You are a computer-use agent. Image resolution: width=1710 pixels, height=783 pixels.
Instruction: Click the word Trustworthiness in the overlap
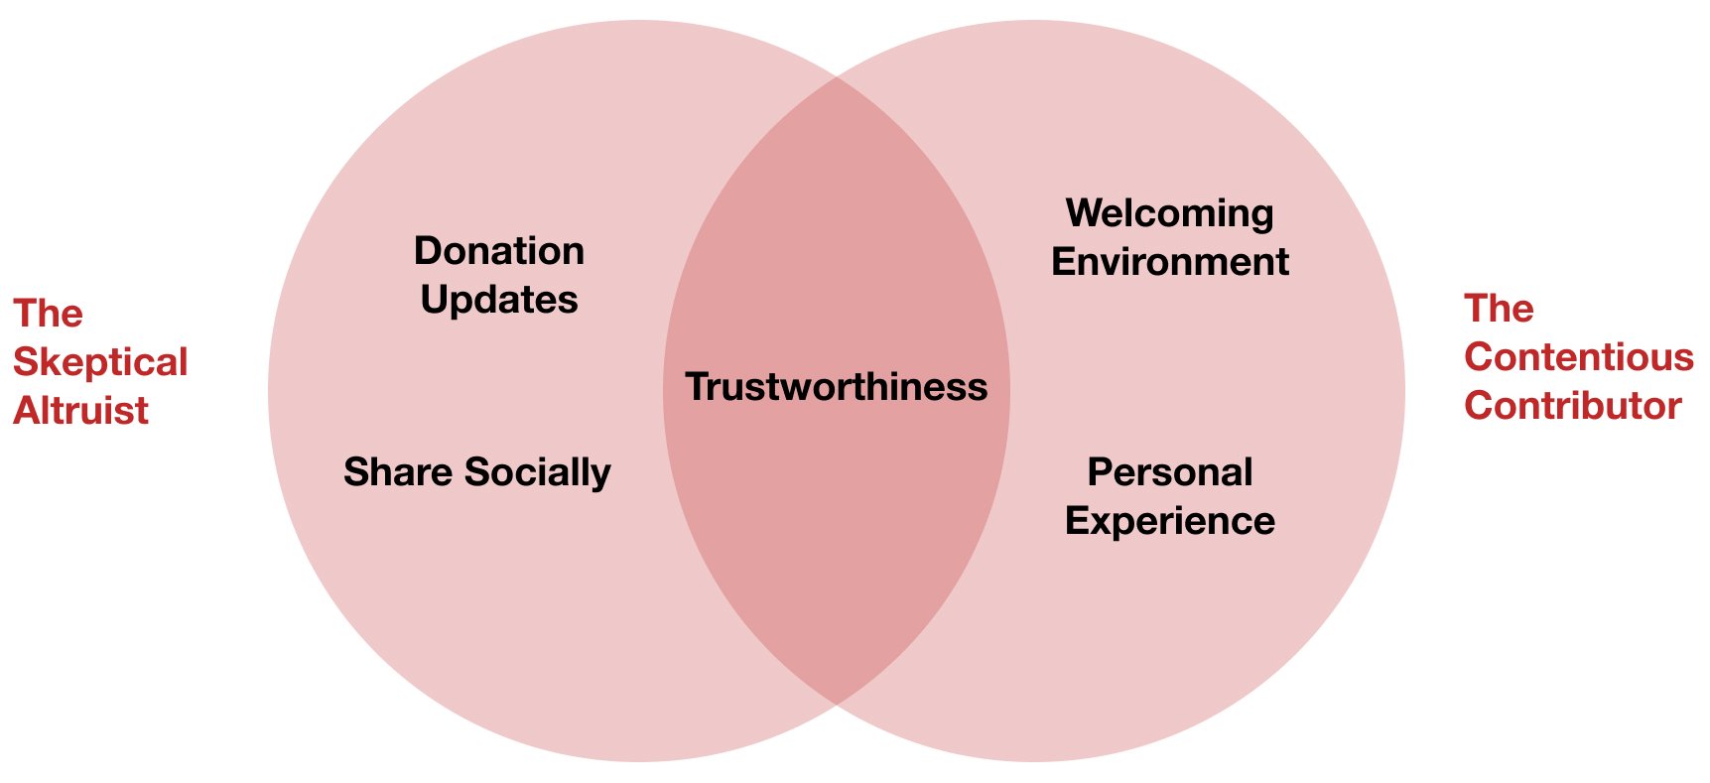[836, 387]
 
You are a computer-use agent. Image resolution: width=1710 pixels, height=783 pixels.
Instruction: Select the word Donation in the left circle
[499, 251]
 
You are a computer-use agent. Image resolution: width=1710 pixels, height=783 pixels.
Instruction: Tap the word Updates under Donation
[499, 300]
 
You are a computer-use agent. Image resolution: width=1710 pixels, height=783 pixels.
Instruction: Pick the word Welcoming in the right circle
[1169, 213]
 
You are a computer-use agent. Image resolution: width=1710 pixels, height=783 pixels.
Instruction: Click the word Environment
[1170, 262]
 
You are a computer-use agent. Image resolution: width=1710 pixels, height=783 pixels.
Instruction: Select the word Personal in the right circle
[1170, 472]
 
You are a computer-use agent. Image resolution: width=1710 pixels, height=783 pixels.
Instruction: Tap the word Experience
[1170, 522]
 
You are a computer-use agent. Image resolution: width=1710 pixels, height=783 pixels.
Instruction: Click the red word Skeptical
[100, 362]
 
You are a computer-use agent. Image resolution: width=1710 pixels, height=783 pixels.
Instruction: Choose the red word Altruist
[80, 411]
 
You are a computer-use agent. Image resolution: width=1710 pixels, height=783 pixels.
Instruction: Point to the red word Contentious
[1578, 357]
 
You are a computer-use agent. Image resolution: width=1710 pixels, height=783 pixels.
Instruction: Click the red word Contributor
[1572, 406]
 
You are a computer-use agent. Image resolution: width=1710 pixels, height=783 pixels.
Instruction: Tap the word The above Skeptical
[48, 314]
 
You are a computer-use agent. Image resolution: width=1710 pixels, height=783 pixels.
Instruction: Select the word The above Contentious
[1499, 309]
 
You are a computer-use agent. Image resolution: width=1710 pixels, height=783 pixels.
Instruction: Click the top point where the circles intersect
[837, 77]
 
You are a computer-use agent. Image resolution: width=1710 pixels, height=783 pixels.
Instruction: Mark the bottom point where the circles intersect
[837, 705]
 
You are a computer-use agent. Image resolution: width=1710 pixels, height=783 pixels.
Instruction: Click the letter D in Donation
[428, 251]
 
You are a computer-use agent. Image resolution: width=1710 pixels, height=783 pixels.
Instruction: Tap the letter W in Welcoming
[1085, 213]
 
